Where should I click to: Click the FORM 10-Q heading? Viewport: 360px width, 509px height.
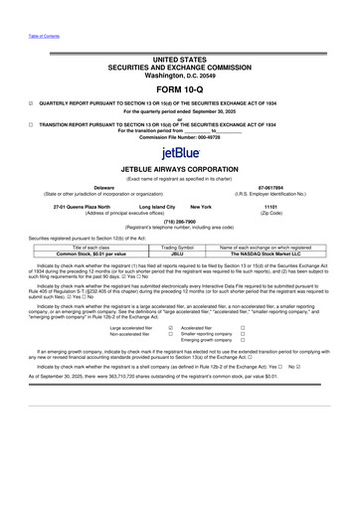[x=179, y=83]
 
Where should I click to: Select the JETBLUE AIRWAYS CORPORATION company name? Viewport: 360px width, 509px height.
[x=179, y=168]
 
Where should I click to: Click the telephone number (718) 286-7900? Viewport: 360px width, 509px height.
[x=179, y=223]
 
